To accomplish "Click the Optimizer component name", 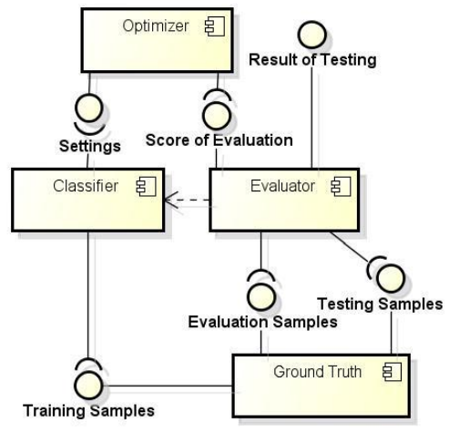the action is point(156,26).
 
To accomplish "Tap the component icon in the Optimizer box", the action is point(215,26).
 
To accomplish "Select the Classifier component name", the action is point(86,186).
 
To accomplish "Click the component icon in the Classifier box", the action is point(147,187).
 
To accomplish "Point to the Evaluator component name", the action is point(282,186).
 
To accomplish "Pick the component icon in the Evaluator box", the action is point(341,187).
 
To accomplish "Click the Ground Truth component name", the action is point(318,372).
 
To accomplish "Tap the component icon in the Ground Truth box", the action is point(393,372).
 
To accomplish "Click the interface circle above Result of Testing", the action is point(312,35).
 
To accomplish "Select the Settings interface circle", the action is point(89,108).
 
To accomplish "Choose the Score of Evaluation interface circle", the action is point(217,116).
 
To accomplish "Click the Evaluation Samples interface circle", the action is point(261,297).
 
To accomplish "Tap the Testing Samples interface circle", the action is point(391,278).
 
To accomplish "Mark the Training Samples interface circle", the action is point(88,385).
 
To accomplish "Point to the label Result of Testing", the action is point(312,59).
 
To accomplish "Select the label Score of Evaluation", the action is point(219,140).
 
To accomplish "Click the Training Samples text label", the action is point(88,411).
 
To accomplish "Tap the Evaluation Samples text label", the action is point(263,322).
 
